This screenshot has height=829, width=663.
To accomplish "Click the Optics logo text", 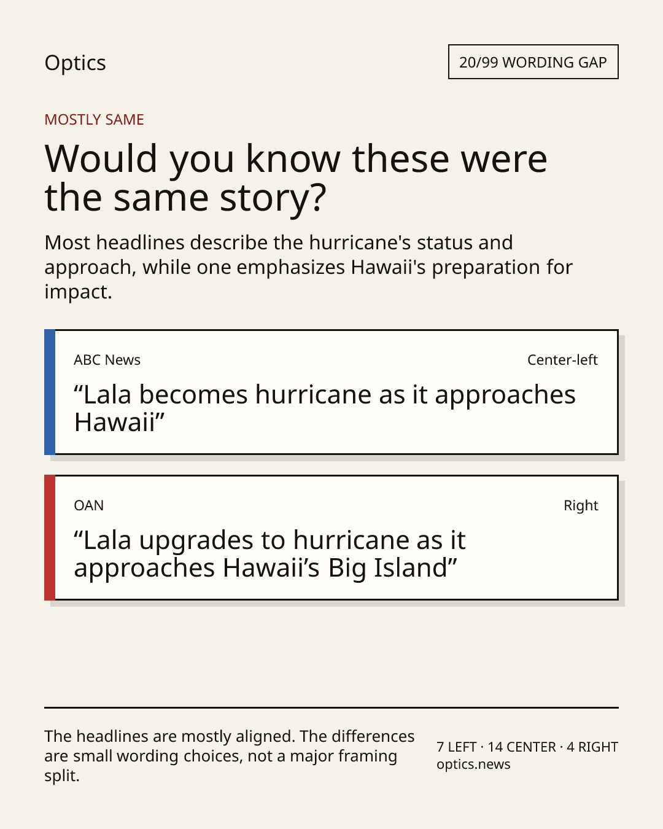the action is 75,63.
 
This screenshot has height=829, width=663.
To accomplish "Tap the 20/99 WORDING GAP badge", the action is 533,62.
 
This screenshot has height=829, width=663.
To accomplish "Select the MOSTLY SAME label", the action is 95,120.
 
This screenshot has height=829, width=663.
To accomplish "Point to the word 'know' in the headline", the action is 293,158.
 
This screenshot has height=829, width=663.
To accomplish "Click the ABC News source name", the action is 107,360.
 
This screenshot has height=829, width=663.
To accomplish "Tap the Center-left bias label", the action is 562,360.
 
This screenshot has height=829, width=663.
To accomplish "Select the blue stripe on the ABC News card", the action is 50,392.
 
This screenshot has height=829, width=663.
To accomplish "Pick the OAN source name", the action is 89,505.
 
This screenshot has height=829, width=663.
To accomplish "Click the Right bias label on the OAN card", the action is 581,505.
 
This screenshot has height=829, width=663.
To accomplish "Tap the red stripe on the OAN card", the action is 50,537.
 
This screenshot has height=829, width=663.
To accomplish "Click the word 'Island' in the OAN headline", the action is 411,568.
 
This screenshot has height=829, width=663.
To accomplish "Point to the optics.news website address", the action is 473,765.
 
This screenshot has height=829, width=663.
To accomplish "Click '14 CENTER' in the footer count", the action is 522,747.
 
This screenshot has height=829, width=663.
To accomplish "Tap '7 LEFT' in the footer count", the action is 457,747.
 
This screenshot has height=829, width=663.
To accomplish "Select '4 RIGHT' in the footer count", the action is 592,747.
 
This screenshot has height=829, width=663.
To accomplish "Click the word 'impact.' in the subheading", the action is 79,292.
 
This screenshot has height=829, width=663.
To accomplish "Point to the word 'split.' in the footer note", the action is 62,776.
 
